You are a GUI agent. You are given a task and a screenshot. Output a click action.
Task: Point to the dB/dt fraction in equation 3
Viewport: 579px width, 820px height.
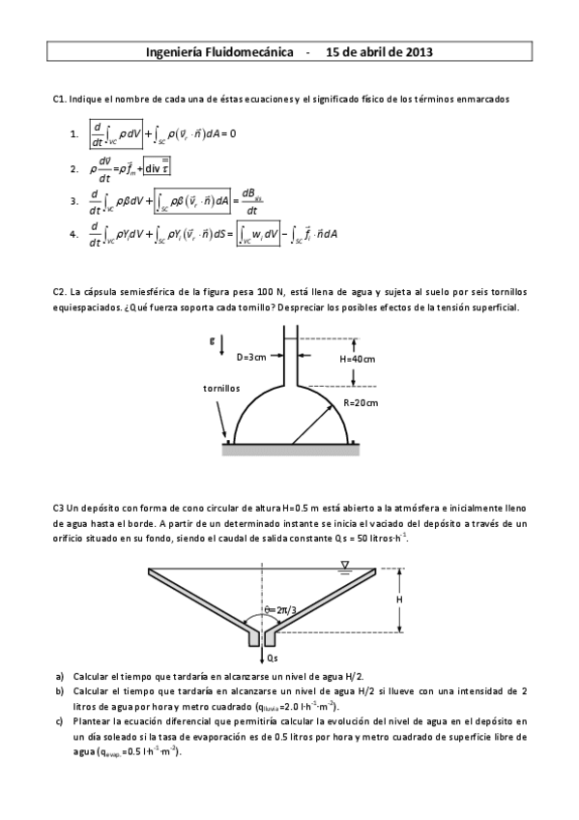tap(252, 201)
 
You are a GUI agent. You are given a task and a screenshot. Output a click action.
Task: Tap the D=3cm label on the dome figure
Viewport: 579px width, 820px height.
tap(252, 357)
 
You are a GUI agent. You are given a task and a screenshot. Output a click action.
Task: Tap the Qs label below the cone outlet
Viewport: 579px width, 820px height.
tap(272, 657)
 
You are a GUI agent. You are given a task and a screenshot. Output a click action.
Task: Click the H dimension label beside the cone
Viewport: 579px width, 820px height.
tap(399, 600)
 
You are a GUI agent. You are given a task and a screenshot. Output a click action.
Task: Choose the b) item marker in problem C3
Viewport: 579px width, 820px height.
tap(61, 692)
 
